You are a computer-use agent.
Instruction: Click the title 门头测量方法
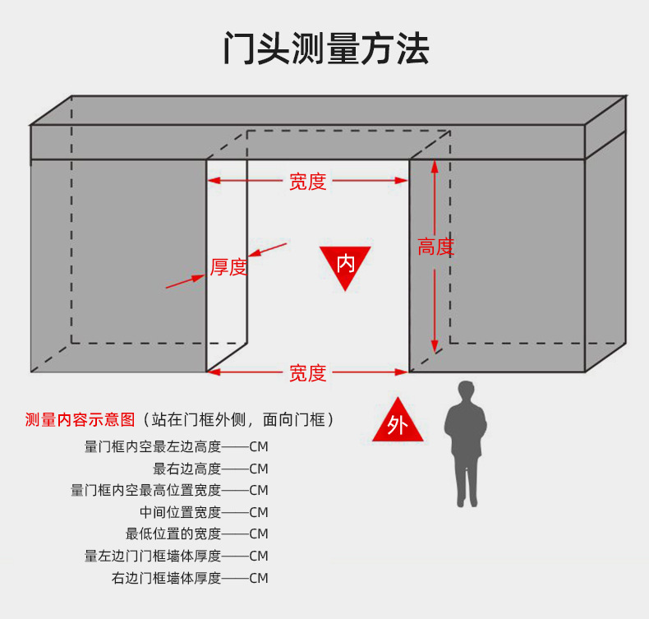click(x=325, y=49)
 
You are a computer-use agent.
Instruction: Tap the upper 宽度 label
click(x=307, y=182)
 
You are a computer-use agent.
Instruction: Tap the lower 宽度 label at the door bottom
click(x=307, y=373)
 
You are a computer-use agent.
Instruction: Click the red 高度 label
click(x=435, y=247)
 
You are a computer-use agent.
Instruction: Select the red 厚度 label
click(x=228, y=267)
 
